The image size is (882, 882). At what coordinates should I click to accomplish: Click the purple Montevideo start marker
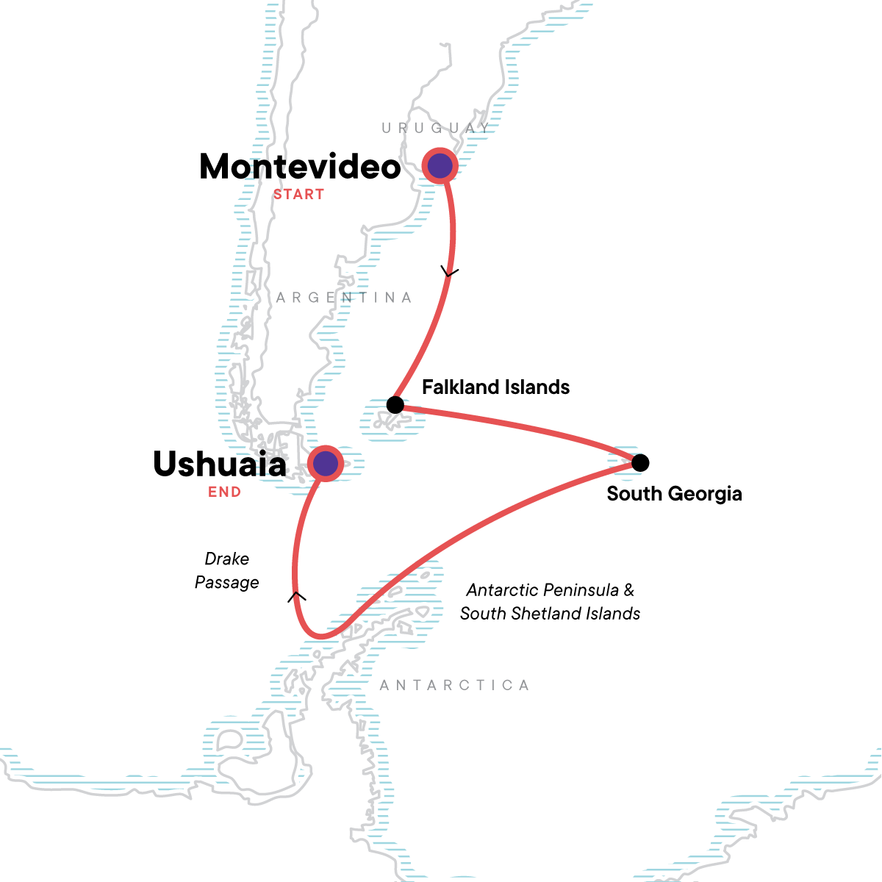(x=440, y=166)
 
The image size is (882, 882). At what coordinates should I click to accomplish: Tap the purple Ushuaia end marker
(x=325, y=463)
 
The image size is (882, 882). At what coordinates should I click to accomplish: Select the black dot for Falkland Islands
(x=395, y=404)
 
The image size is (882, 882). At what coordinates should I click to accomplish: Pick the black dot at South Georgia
(x=640, y=462)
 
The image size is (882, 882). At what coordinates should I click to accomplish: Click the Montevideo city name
(x=300, y=167)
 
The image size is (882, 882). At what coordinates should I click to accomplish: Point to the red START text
(x=298, y=195)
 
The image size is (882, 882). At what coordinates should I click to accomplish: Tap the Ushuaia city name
(x=220, y=465)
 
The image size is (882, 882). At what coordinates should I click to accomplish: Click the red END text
(x=224, y=492)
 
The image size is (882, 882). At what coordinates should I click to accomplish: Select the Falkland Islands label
(x=495, y=387)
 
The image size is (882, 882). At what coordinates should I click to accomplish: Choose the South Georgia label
(x=674, y=494)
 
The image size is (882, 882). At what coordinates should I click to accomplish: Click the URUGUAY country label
(x=436, y=129)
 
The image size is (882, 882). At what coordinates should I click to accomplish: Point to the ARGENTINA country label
(x=344, y=298)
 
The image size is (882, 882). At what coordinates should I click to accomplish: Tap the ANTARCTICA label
(x=454, y=686)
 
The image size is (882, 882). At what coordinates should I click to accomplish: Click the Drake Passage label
(x=227, y=570)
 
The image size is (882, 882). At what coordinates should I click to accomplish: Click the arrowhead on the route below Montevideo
(x=449, y=273)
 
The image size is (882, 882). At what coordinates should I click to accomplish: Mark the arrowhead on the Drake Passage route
(x=296, y=596)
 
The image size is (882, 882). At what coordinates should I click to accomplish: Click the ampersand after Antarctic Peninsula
(x=628, y=590)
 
